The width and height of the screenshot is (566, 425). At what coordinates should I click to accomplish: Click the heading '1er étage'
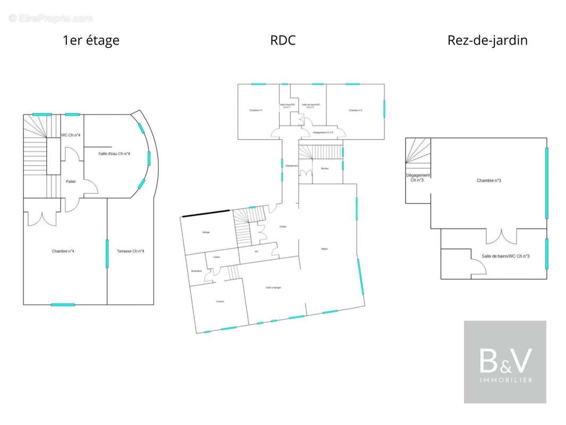(x=91, y=40)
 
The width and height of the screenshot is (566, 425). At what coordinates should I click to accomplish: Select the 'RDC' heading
(x=282, y=40)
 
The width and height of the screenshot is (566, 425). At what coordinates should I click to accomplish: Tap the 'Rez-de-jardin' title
(x=487, y=40)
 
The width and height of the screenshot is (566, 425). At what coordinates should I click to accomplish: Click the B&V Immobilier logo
(x=505, y=362)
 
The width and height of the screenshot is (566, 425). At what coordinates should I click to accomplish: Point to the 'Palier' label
(x=71, y=182)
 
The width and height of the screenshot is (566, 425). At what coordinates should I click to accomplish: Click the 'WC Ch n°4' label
(x=71, y=135)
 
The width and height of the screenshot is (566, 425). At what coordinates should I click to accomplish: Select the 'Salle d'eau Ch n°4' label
(x=114, y=154)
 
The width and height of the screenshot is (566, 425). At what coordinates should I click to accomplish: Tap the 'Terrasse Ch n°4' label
(x=130, y=251)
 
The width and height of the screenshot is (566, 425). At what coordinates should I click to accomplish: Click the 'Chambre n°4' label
(x=63, y=251)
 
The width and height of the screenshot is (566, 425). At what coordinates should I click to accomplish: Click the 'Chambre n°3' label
(x=489, y=181)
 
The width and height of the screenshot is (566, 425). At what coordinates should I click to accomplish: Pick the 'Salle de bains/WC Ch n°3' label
(x=505, y=257)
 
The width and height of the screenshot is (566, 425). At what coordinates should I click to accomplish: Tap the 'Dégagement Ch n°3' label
(x=418, y=177)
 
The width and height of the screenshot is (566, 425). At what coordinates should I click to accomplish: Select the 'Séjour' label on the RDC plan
(x=323, y=249)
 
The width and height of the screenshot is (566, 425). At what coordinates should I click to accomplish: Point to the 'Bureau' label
(x=325, y=169)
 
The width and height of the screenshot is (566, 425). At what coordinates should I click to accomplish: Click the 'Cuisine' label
(x=220, y=301)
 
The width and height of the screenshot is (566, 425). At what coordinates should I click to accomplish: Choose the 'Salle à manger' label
(x=273, y=287)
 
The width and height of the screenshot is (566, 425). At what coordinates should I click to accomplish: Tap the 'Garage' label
(x=206, y=232)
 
